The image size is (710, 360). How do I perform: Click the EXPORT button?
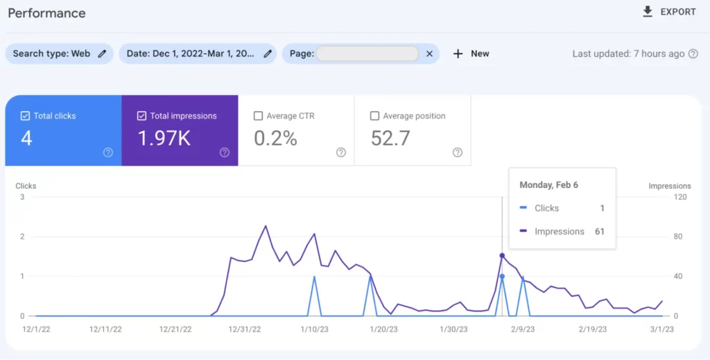click(x=669, y=12)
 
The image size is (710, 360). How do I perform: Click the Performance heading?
click(x=46, y=13)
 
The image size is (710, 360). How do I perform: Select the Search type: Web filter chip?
click(x=59, y=53)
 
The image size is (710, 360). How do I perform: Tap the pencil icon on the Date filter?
click(x=268, y=53)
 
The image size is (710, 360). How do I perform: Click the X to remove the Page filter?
click(x=429, y=53)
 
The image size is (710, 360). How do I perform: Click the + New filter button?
click(x=471, y=53)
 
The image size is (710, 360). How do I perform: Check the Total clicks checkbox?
click(x=26, y=116)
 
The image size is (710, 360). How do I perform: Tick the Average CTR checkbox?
click(x=259, y=116)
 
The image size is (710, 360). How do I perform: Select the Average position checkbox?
click(x=375, y=116)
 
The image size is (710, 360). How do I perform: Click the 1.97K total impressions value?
click(x=164, y=139)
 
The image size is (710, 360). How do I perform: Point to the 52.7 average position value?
click(x=390, y=139)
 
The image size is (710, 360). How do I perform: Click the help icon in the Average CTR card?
click(x=340, y=153)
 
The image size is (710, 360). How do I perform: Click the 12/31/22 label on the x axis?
click(x=244, y=329)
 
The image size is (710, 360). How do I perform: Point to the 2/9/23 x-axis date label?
click(x=522, y=329)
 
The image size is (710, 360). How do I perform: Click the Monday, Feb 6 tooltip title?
click(x=548, y=185)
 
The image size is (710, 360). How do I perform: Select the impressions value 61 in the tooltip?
click(x=599, y=232)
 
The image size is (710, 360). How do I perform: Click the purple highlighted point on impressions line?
click(x=502, y=255)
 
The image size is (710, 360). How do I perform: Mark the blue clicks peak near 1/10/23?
click(x=315, y=277)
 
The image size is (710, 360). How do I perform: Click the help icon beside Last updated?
click(x=693, y=53)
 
